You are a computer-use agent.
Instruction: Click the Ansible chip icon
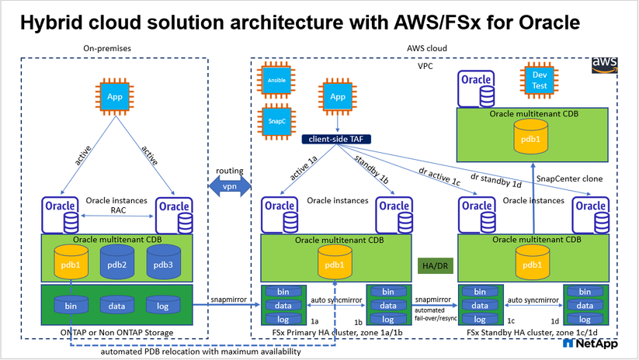[273, 79]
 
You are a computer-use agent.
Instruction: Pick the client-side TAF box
[336, 141]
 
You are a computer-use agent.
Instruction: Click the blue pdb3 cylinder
[162, 264]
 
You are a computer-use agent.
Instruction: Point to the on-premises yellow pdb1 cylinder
[71, 264]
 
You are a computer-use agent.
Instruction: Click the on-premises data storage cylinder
[116, 306]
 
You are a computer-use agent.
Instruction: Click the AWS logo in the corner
[605, 64]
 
